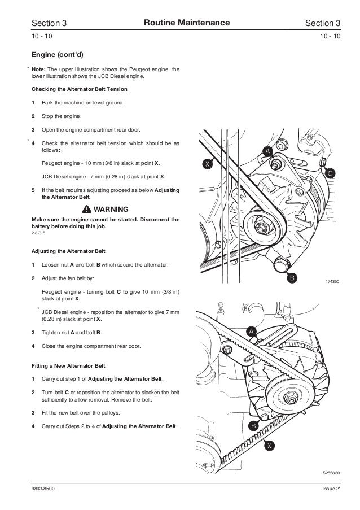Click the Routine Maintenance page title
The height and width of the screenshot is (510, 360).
pos(187,23)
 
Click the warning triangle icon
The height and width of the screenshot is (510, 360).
pos(86,208)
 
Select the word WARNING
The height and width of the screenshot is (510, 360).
pos(111,208)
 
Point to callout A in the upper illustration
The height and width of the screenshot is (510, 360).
pos(267,150)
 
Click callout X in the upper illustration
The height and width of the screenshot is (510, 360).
pos(208,164)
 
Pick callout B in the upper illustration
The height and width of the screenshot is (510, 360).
pos(292,278)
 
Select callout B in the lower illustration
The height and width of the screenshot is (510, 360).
pos(253,426)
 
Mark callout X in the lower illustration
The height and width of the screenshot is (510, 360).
pos(270,446)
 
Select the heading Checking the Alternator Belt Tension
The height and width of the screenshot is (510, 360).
pos(79,90)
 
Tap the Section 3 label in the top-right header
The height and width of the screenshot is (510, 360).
pos(322,23)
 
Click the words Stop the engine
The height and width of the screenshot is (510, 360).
pos(62,116)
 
